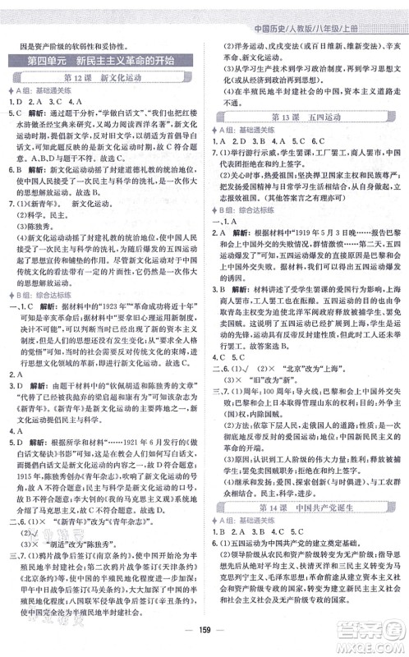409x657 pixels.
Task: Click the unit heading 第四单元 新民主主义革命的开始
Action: coord(103,62)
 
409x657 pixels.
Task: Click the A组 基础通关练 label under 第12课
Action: coord(42,90)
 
